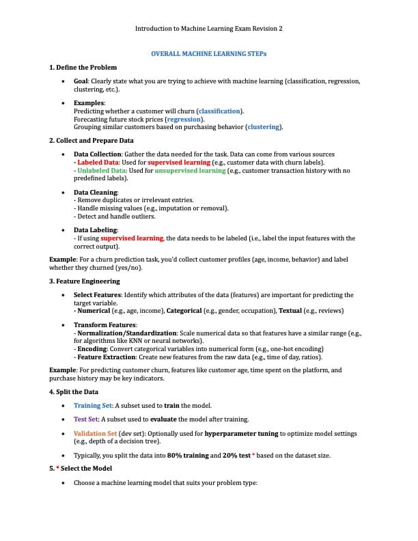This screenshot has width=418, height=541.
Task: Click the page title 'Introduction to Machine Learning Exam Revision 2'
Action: click(x=208, y=29)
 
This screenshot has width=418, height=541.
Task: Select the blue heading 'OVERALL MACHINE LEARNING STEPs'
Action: click(x=208, y=53)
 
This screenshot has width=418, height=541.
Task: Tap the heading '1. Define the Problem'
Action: click(x=83, y=67)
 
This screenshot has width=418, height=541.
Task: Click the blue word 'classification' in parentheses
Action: click(x=219, y=111)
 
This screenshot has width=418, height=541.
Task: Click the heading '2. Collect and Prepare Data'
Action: click(x=92, y=141)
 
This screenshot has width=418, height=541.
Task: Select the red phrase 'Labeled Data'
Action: click(x=98, y=163)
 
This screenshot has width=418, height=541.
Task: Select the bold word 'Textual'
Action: click(x=294, y=310)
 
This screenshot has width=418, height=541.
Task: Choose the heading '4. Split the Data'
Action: click(x=74, y=392)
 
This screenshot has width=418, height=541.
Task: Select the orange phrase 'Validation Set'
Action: click(x=95, y=433)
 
